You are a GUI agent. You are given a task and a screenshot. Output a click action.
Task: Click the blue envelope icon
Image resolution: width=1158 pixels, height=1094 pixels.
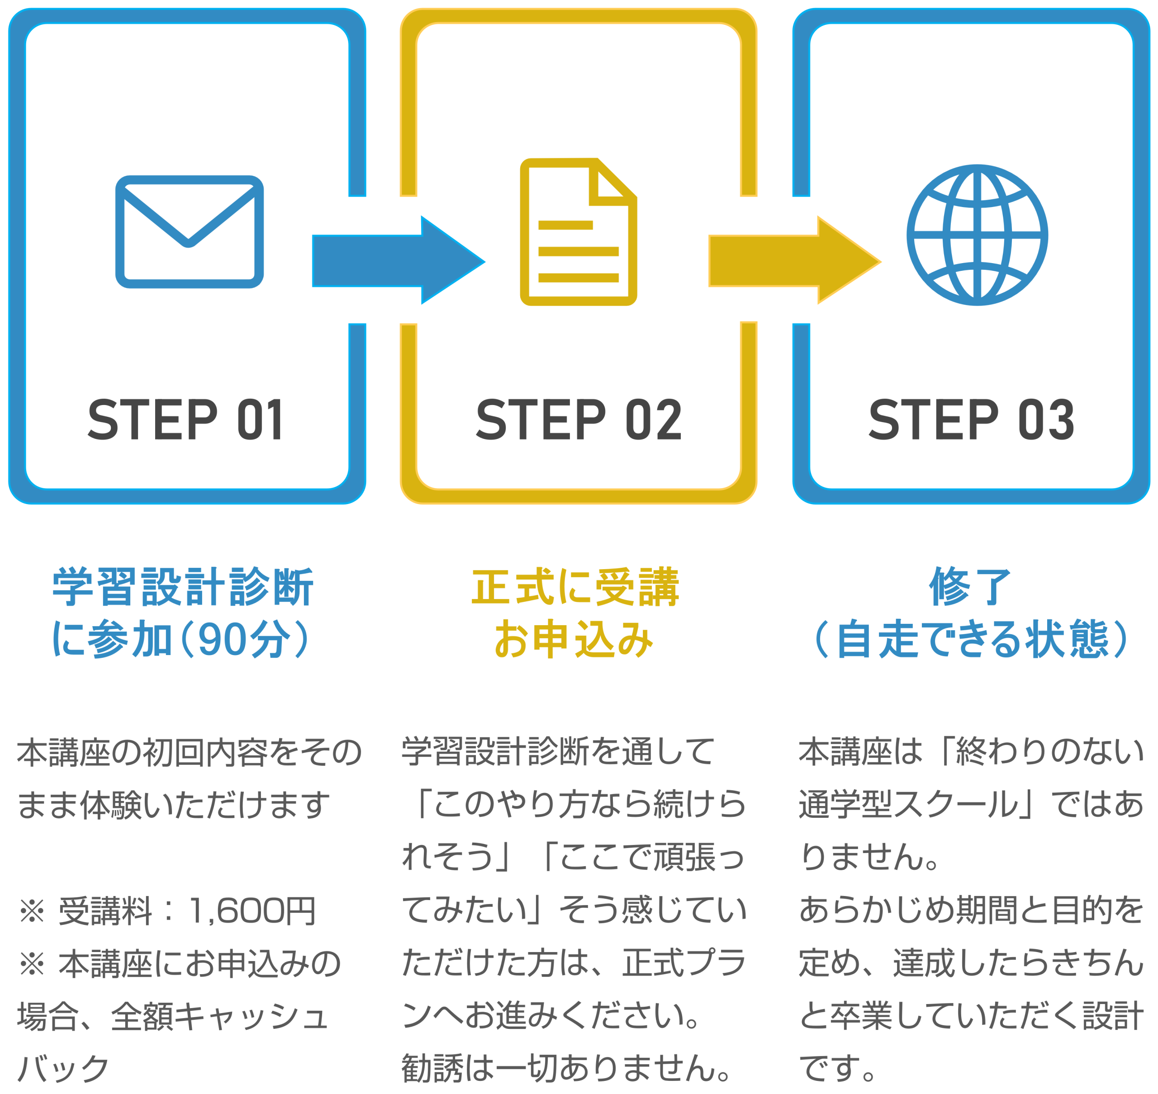click(x=189, y=231)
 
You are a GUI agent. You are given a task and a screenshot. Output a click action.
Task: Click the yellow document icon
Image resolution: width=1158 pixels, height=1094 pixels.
click(x=578, y=232)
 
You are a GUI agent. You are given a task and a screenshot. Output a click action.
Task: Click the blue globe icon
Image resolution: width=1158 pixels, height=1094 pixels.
click(x=977, y=235)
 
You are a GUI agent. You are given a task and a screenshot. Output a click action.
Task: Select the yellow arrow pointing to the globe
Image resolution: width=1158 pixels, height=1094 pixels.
click(x=793, y=260)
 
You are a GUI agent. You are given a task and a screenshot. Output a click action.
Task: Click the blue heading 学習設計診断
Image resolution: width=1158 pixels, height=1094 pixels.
click(x=183, y=587)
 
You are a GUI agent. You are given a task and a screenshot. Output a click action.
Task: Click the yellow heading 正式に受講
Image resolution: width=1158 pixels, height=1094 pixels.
click(x=575, y=587)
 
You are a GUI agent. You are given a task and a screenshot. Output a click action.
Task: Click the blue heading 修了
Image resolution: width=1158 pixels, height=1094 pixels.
click(x=969, y=587)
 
